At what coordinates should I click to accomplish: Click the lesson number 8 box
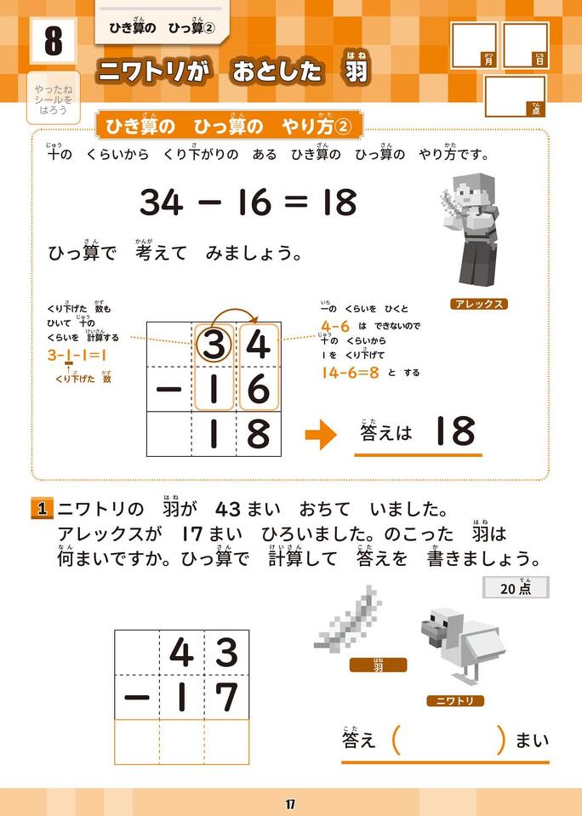(53, 42)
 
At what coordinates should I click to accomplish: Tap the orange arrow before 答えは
(321, 435)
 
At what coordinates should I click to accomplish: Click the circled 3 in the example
(214, 345)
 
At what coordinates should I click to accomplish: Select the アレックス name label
(479, 304)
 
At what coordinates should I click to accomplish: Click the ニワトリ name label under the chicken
(455, 701)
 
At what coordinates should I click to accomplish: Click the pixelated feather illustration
(348, 617)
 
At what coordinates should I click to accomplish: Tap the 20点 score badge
(516, 588)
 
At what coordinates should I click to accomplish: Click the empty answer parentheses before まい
(448, 740)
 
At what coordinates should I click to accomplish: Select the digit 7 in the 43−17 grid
(226, 698)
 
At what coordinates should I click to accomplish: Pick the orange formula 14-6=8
(351, 373)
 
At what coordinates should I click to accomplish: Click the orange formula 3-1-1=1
(77, 356)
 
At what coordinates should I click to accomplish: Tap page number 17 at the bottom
(290, 805)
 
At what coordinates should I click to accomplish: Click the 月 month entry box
(474, 45)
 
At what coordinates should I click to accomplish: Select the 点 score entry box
(515, 96)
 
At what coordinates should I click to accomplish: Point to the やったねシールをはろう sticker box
(53, 99)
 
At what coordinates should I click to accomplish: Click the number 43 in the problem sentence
(229, 509)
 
